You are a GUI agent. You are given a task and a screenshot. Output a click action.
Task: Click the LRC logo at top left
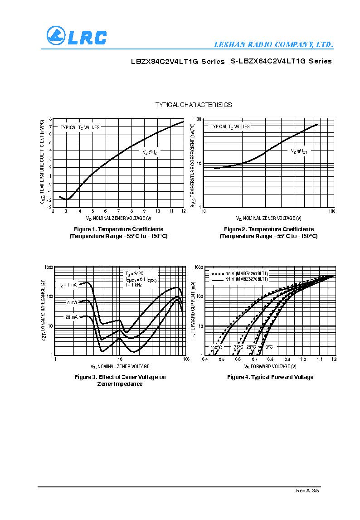click(76, 36)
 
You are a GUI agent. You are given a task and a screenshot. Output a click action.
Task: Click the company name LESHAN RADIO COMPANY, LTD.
click(273, 45)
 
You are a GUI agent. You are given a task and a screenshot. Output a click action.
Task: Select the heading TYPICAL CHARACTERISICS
click(194, 105)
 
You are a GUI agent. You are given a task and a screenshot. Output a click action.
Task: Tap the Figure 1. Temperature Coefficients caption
click(118, 229)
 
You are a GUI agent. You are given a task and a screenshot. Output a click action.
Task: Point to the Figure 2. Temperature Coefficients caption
click(268, 229)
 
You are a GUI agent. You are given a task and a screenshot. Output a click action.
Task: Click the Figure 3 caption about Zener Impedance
click(120, 380)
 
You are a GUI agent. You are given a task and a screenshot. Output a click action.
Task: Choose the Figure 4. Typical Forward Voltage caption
click(270, 377)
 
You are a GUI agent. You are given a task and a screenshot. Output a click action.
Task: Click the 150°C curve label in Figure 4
click(216, 347)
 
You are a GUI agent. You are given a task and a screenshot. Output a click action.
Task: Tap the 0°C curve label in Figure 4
click(268, 347)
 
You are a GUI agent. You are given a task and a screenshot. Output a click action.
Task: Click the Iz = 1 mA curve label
click(68, 285)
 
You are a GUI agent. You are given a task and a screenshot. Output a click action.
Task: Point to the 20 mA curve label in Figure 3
click(71, 317)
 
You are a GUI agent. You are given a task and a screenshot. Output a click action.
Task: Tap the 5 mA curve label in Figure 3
click(73, 302)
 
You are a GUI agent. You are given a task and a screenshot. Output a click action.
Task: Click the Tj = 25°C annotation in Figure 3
click(134, 274)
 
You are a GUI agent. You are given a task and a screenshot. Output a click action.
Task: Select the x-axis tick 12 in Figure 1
click(183, 211)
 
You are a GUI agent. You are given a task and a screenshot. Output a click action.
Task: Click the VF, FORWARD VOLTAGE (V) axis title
click(270, 366)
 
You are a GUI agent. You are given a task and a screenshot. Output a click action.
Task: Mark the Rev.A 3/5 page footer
click(308, 491)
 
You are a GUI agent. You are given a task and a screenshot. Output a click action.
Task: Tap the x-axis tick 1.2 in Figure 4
click(334, 359)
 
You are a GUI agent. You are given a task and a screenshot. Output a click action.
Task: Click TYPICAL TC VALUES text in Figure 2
click(230, 127)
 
